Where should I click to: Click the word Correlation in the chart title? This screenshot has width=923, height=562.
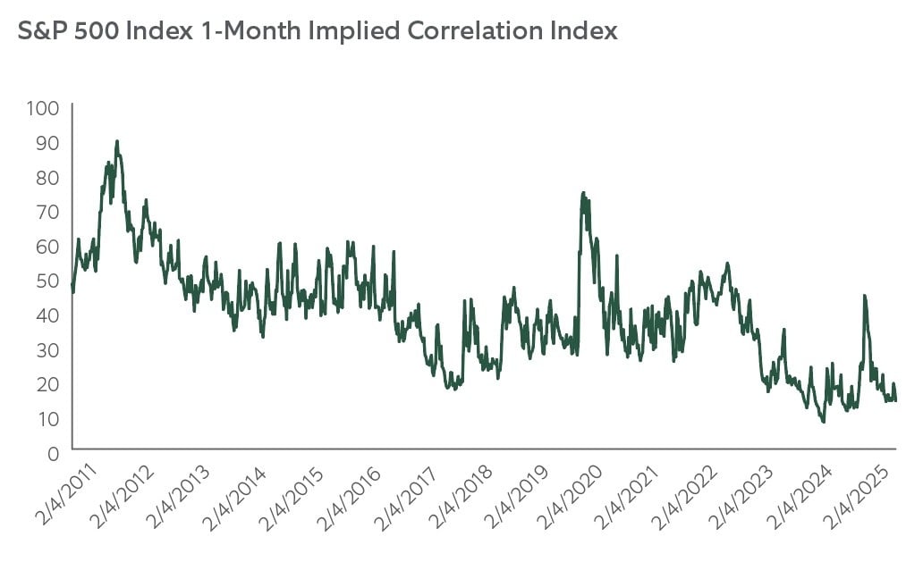click(x=458, y=32)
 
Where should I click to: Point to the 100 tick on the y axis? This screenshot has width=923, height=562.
click(x=44, y=108)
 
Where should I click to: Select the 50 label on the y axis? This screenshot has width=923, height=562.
click(x=48, y=281)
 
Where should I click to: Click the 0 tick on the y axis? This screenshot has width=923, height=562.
click(x=53, y=453)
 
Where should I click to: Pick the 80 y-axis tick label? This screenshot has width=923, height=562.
click(x=48, y=177)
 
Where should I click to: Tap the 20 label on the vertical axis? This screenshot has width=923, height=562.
click(x=48, y=384)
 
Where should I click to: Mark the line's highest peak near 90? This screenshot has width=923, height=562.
click(x=116, y=141)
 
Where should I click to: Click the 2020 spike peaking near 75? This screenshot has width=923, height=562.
click(x=583, y=193)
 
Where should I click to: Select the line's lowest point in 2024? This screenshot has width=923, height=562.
click(x=823, y=421)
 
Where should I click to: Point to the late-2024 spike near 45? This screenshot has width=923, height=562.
click(x=864, y=296)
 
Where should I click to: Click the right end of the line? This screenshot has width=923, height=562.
click(x=896, y=398)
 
